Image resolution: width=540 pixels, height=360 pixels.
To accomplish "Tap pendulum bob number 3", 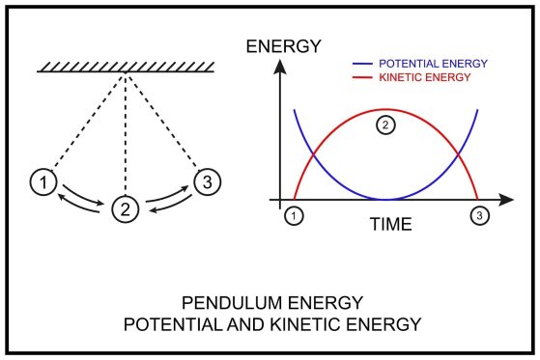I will click(x=206, y=180).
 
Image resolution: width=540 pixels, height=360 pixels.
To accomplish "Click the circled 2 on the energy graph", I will click(x=384, y=125).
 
